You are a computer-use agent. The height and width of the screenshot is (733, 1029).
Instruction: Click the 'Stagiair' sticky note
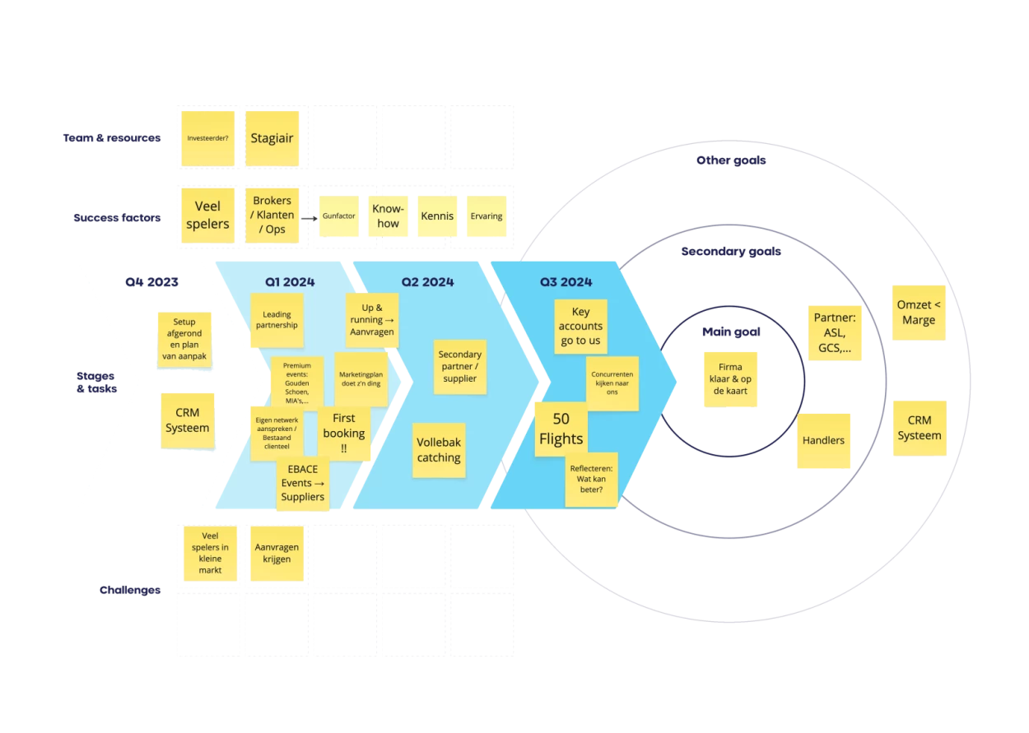point(272,138)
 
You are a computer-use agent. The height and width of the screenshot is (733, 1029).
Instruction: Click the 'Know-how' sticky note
point(387,216)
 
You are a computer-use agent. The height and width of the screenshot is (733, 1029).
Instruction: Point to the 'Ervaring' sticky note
point(486,216)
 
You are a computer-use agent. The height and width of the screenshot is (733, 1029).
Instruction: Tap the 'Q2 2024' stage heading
point(427,282)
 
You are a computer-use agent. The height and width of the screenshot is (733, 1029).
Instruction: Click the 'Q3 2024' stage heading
point(566,282)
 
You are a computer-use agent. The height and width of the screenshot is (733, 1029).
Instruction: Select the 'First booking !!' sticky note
point(344,433)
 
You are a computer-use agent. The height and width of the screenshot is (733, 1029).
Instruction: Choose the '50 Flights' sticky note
point(561,429)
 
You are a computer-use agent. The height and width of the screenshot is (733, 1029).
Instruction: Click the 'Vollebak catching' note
point(438,450)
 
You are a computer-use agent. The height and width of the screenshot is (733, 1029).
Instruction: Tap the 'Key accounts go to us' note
point(580,327)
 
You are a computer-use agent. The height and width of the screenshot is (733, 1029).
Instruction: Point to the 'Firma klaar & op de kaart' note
point(729,377)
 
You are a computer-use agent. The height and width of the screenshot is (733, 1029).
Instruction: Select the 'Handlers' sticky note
point(823,440)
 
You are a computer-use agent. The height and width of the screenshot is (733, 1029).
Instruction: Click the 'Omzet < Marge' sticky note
point(919,313)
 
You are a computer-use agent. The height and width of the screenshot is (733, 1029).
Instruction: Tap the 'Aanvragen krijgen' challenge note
point(277,553)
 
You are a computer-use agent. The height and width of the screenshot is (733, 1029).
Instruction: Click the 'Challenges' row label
point(129,590)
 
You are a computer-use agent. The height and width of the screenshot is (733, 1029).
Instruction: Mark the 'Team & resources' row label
point(112,138)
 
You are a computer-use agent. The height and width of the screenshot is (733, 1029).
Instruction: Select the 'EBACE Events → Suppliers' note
point(303,484)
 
